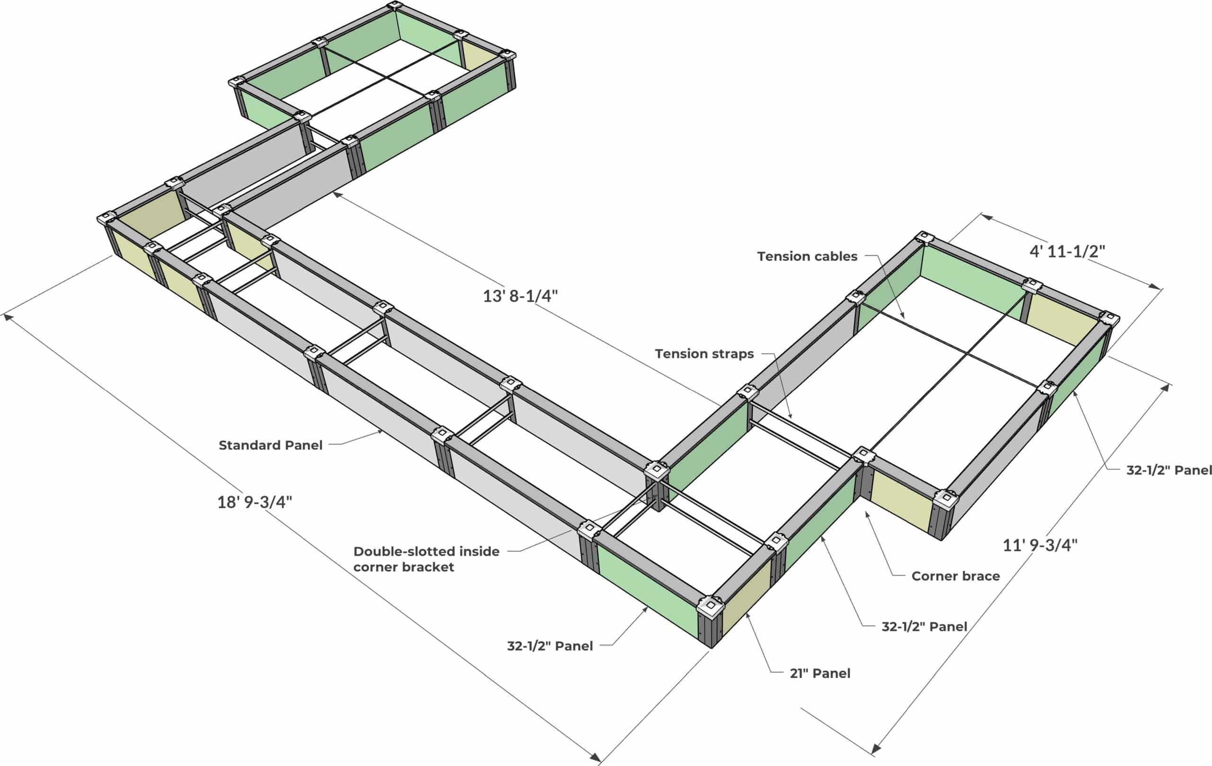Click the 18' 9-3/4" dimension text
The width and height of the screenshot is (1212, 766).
255,502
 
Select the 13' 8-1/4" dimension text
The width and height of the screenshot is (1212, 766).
520,296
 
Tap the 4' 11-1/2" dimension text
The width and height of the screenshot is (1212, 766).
1067,251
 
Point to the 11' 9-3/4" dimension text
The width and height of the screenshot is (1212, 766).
1040,545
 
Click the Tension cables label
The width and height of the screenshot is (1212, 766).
807,256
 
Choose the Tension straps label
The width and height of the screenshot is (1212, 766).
704,354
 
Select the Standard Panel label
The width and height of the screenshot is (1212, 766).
270,445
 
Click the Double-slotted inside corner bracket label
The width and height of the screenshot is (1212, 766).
426,559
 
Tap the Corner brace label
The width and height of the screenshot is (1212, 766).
955,576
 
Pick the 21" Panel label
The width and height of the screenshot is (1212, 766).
820,673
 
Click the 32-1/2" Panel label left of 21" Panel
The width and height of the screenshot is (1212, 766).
550,646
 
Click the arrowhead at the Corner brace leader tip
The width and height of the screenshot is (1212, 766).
866,513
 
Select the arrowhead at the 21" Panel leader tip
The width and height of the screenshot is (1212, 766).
747,614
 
